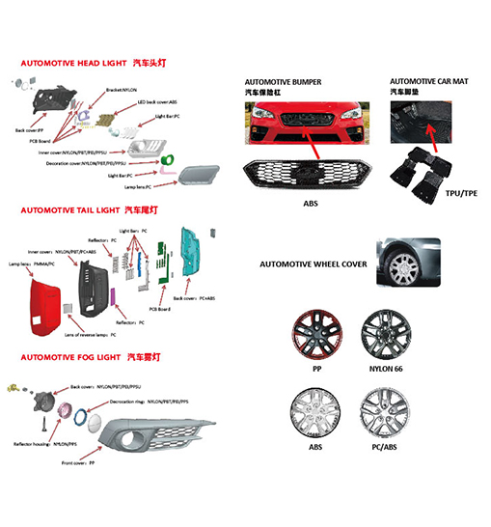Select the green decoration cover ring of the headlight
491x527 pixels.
168,159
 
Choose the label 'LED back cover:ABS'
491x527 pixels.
158,101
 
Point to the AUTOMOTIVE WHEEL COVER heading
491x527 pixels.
313,263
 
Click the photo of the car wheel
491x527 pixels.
409,262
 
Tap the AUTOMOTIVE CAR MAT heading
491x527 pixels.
428,81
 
